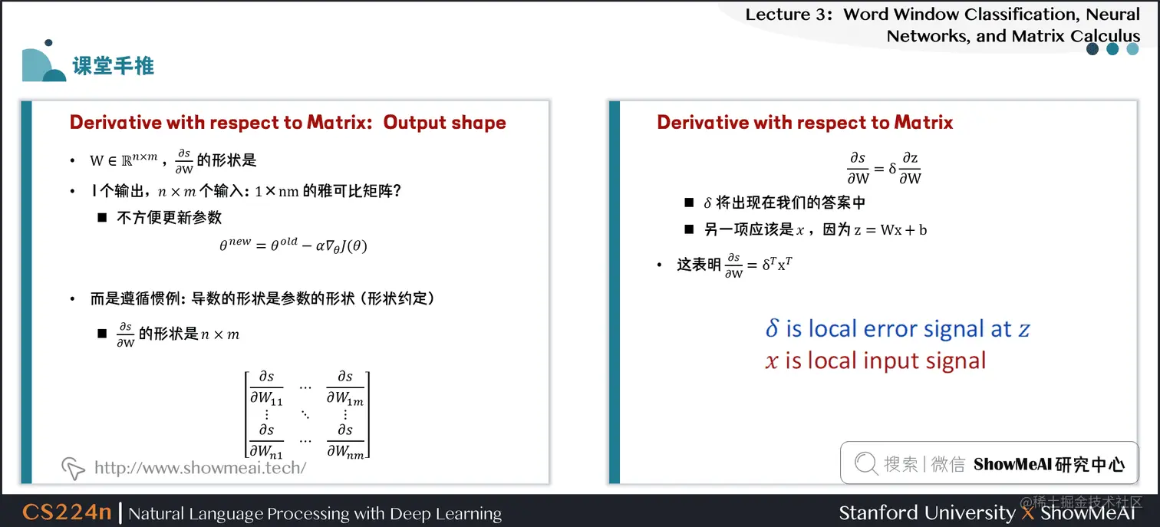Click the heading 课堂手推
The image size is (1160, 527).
coord(114,66)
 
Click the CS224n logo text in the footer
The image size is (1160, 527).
coord(67,512)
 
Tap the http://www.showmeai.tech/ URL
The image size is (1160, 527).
coord(200,468)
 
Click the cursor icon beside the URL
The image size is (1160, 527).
coord(72,468)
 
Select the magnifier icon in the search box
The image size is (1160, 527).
coord(865,463)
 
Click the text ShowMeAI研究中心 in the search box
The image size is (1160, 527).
coord(1049,464)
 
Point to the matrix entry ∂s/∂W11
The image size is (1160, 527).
coord(266,387)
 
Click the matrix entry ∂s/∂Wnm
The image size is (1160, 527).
coord(345,440)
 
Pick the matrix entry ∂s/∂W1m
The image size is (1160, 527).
coord(345,387)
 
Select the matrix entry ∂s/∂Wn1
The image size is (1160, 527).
coord(266,440)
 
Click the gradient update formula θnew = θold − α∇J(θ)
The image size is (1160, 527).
coord(294,245)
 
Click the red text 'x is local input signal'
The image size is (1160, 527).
coord(875,361)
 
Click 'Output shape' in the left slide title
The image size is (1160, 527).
coord(444,123)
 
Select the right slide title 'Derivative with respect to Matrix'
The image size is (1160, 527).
coord(805,123)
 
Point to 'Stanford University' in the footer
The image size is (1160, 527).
coord(926,512)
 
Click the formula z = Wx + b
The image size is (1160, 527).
coord(890,229)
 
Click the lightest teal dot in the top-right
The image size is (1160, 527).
coord(1132,49)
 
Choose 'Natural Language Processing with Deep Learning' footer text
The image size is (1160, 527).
coord(315,513)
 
